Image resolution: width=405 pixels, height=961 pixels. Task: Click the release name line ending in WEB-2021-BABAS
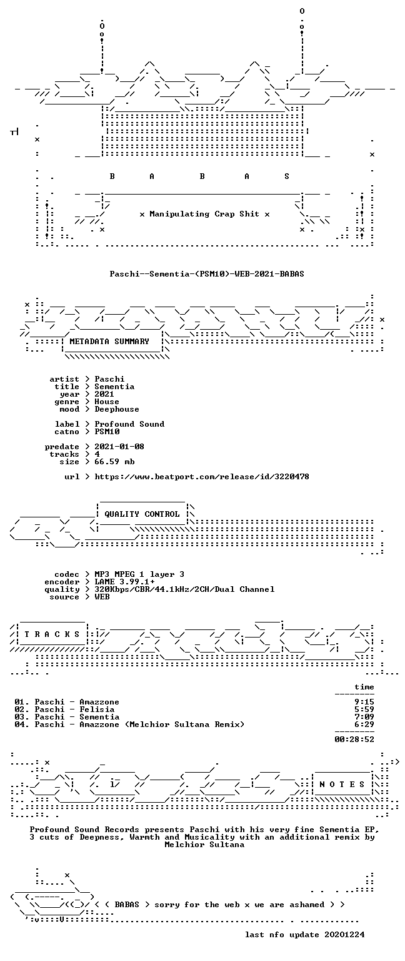tap(207, 273)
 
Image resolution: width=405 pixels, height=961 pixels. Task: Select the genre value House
tap(107, 402)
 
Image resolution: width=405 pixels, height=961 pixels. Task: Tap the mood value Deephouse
tap(117, 409)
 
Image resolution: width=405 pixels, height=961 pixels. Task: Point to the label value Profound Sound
tap(129, 424)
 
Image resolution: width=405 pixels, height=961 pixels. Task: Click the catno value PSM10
tap(107, 432)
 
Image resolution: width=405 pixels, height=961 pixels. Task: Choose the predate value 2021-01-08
tap(119, 447)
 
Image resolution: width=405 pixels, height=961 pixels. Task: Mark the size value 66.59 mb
tap(114, 462)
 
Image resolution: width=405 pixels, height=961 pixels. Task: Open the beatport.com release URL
tap(201, 477)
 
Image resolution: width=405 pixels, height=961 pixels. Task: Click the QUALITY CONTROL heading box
tap(142, 514)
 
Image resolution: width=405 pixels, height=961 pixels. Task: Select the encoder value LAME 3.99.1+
tap(124, 582)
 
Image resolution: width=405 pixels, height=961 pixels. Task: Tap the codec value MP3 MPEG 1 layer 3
tap(139, 574)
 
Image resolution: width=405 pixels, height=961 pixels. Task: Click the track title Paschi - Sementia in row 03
tap(77, 717)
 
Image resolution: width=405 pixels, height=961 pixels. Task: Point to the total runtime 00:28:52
tap(354, 739)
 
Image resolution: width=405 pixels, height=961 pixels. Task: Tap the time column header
tap(364, 687)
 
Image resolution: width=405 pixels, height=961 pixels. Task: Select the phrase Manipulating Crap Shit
tap(204, 214)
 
